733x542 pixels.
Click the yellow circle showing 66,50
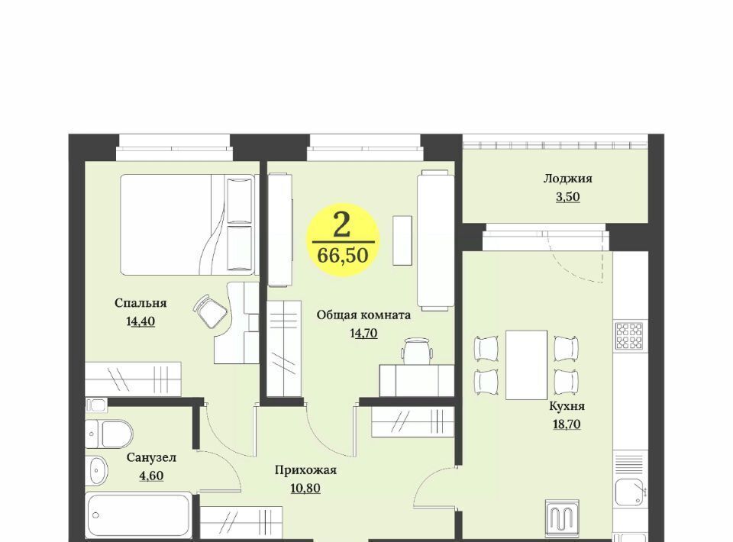pos(343,240)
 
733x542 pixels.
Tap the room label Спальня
pos(140,303)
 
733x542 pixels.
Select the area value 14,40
pos(140,321)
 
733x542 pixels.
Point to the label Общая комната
pos(363,315)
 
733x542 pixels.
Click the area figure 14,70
pos(363,333)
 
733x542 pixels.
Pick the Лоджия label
pos(567,179)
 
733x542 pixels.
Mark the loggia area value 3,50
pos(567,197)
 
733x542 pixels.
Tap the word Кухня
pos(567,406)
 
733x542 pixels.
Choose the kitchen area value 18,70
pos(567,424)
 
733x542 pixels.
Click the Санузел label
pos(151,458)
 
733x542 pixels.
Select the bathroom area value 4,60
pos(151,476)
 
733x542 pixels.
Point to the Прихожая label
pos(305,470)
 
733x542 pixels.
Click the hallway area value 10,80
pos(305,489)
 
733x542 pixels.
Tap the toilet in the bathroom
pos(109,434)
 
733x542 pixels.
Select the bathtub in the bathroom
pos(139,515)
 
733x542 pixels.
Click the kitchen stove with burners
pos(629,336)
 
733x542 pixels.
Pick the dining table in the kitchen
pos(526,364)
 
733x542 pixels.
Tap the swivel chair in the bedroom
pos(211,311)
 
